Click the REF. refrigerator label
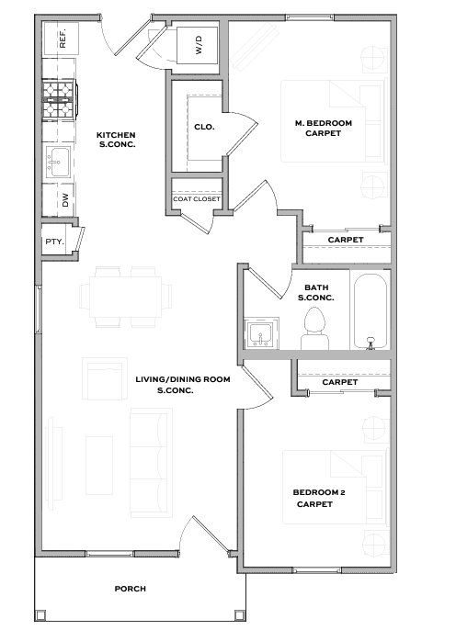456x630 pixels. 63,39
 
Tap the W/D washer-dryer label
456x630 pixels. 199,45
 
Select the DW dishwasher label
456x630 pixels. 65,200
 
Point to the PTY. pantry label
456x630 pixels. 54,242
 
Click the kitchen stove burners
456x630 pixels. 59,98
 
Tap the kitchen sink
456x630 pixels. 58,162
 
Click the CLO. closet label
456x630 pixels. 204,127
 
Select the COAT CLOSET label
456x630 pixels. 197,199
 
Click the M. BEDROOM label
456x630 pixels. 324,123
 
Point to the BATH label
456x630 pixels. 316,287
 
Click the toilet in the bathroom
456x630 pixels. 314,328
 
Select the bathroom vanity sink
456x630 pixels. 261,333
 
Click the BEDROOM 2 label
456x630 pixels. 319,492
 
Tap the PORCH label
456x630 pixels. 131,589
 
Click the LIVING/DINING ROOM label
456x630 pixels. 183,379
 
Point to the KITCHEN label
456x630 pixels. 116,135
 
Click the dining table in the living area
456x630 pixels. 125,297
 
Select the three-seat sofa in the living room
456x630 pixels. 151,463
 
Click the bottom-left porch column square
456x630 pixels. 40,615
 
